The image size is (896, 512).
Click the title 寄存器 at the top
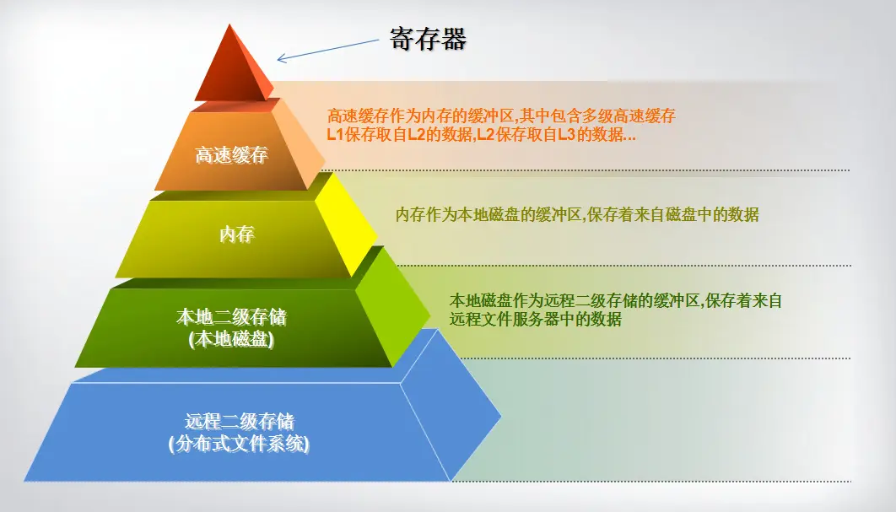point(428,39)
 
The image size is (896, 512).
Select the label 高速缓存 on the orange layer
point(231,155)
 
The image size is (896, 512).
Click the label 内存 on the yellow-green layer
point(236,235)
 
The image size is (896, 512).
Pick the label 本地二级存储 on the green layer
point(230,318)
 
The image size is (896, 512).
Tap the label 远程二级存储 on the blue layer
point(239,421)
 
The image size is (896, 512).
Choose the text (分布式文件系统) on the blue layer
point(239,442)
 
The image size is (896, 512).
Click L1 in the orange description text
point(335,134)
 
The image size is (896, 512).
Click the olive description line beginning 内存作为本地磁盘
point(577,214)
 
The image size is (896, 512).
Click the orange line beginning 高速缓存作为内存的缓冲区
point(501,116)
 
